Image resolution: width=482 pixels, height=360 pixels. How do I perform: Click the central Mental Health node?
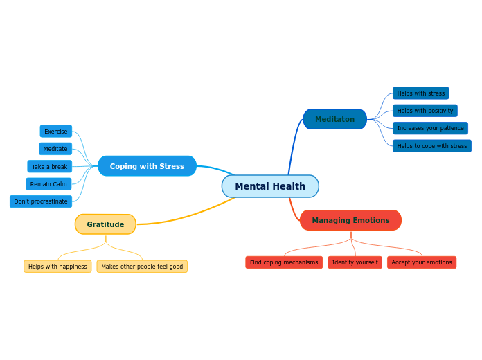[270, 186]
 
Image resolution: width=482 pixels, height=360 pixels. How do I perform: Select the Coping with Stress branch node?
[147, 166]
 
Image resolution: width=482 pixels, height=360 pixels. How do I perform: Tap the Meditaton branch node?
[334, 119]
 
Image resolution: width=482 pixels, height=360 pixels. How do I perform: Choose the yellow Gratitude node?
[105, 224]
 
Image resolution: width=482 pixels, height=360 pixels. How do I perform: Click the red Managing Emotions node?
[350, 220]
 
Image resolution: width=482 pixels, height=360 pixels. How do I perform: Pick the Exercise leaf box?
[56, 132]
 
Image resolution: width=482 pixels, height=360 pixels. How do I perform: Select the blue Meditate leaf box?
[55, 149]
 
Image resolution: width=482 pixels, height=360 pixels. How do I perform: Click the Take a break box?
[50, 167]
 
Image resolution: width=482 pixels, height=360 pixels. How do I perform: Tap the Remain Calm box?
[48, 184]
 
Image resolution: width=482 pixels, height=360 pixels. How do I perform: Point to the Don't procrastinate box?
[41, 201]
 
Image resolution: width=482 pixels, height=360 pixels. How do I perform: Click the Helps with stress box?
[420, 93]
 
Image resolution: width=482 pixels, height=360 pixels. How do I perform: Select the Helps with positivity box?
[425, 111]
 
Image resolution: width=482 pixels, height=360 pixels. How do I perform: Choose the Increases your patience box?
[430, 128]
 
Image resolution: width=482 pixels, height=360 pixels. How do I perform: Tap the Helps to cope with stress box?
[431, 146]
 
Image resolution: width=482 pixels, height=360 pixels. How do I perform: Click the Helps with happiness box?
[57, 267]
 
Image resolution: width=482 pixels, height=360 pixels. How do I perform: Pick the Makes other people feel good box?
[142, 267]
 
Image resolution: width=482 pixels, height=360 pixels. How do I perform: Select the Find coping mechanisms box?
[284, 262]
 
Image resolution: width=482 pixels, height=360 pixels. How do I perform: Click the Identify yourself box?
[355, 262]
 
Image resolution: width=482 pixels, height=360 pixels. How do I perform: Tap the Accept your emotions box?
[421, 262]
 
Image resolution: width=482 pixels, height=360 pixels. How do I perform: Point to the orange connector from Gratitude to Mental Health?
[187, 217]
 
